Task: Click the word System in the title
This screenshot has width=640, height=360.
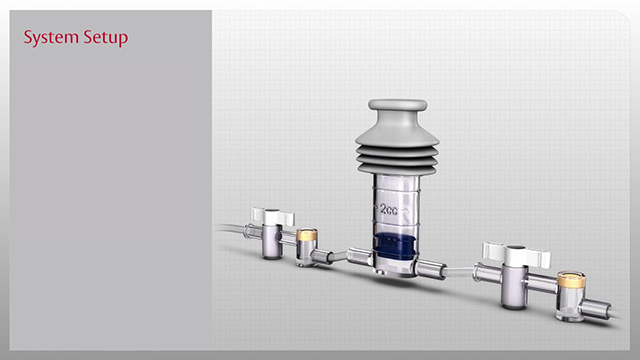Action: tap(47, 38)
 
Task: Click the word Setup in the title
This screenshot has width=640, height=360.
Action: tap(103, 39)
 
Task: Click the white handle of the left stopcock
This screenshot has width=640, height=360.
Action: tap(271, 215)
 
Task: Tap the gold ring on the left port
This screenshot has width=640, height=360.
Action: tap(308, 237)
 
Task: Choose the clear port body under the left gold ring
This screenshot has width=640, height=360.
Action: tap(307, 256)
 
